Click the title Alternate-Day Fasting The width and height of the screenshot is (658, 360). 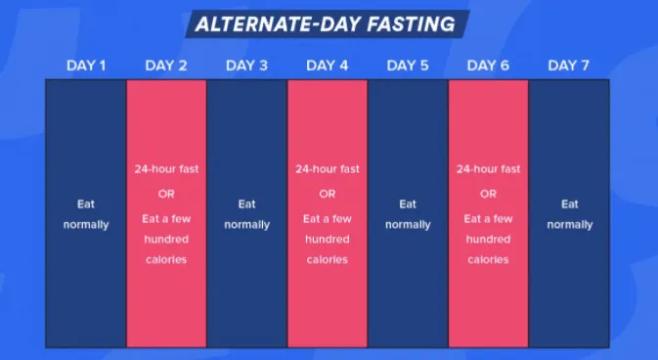[x=327, y=23]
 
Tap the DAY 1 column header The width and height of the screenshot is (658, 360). [x=86, y=66]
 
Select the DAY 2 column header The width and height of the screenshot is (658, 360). [x=166, y=66]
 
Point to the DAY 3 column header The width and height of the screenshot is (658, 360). [x=246, y=66]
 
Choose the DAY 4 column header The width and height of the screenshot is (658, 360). [x=327, y=66]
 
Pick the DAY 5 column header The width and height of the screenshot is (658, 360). [x=408, y=66]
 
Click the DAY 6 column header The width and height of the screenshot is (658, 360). [x=488, y=66]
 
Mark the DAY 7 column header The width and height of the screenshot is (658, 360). [x=568, y=66]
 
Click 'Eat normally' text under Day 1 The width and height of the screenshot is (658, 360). [x=86, y=214]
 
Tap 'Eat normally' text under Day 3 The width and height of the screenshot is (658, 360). [x=246, y=214]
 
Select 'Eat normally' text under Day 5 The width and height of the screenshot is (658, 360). [x=408, y=214]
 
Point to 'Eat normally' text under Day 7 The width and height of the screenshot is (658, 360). [x=569, y=214]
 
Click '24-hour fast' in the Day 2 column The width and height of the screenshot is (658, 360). [x=166, y=169]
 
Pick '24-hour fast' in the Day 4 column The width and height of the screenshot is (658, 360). [x=327, y=169]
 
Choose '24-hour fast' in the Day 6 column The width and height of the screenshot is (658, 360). [x=488, y=169]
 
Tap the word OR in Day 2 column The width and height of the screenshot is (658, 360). [x=166, y=194]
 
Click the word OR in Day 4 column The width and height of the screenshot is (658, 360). [x=327, y=194]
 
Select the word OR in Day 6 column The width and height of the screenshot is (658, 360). [x=488, y=194]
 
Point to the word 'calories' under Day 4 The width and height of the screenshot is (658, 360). [x=327, y=260]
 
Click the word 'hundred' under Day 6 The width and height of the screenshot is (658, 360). [x=488, y=240]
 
